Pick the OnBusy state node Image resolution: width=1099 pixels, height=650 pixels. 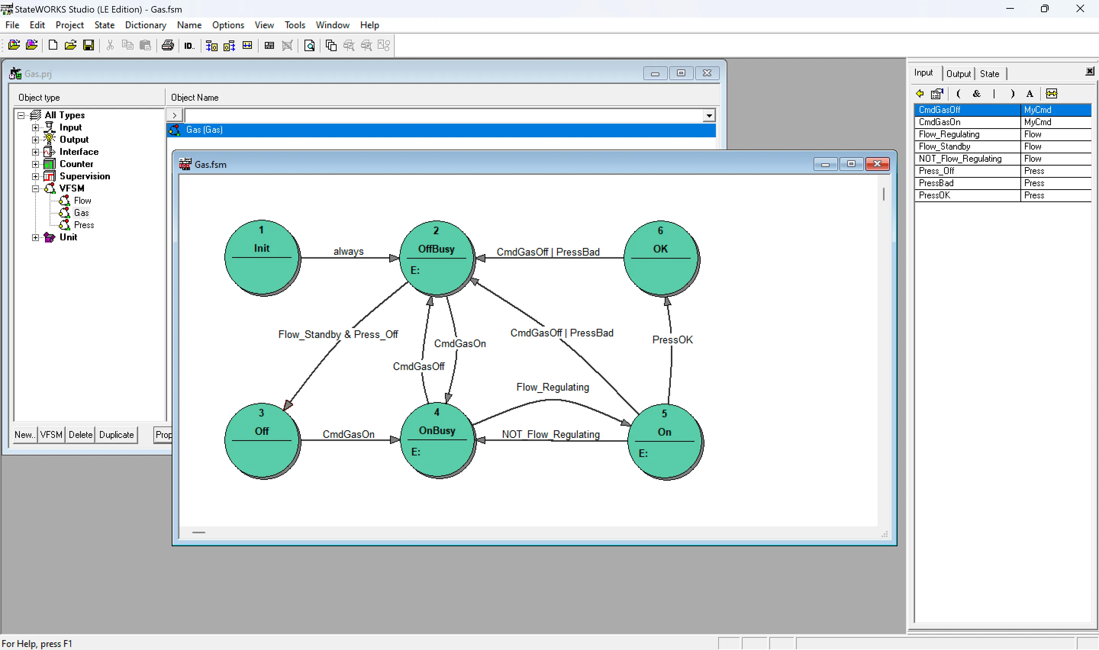pos(438,440)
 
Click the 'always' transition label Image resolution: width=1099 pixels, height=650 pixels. pos(348,251)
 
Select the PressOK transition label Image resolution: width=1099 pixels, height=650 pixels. pos(672,339)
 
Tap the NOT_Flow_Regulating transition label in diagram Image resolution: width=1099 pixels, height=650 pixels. pos(551,434)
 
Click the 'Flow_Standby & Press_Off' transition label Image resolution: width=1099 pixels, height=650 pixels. pos(338,334)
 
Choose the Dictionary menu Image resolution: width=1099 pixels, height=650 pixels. pos(145,25)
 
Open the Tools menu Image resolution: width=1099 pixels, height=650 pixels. pos(294,25)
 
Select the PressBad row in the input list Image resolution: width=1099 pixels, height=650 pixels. pos(1002,183)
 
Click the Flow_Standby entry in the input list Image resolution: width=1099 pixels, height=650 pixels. pos(1002,146)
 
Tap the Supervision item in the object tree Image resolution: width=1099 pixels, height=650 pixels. pos(85,176)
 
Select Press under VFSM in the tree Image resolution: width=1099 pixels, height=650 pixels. pos(84,225)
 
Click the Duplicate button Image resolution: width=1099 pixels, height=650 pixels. pos(116,434)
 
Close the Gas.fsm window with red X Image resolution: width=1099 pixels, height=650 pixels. pos(877,164)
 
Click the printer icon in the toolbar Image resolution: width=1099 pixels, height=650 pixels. pos(168,45)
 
